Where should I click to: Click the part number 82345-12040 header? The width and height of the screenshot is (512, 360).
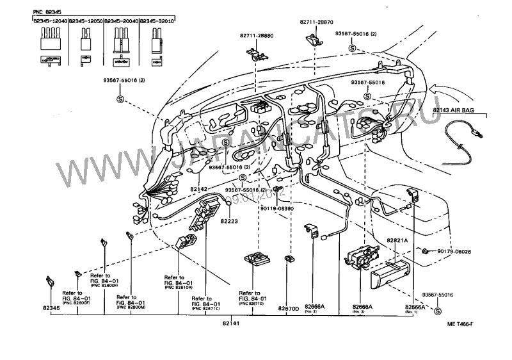pos(51,20)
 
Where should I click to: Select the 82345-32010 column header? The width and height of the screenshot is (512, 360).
pos(157,20)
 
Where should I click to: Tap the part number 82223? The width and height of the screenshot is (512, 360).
pos(230,221)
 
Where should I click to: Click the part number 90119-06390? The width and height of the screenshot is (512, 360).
pos(276,209)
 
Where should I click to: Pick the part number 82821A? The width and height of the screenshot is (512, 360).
pos(397,239)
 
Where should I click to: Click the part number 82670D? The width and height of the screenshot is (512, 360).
pos(287,308)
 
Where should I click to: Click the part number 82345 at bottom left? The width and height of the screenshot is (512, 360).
pos(51,308)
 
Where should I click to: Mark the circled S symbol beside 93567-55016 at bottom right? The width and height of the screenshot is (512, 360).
pos(438,310)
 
